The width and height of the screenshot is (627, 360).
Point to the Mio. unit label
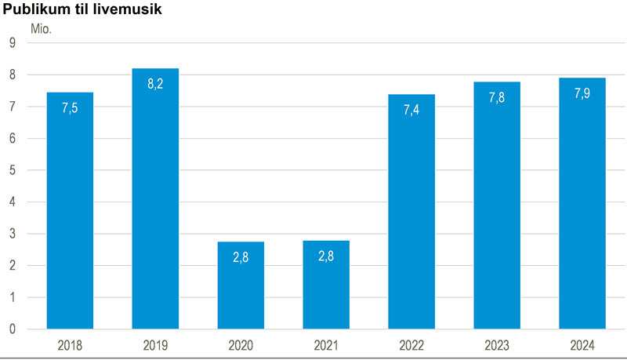tap(41, 29)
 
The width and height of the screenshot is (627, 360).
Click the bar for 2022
tap(411, 211)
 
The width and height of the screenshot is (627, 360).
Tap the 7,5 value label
tap(70, 108)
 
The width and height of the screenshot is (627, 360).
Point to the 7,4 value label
tap(411, 111)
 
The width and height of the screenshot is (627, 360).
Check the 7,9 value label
tap(582, 93)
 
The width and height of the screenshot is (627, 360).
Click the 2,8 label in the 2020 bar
tap(241, 257)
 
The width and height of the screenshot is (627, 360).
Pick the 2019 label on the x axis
tap(155, 345)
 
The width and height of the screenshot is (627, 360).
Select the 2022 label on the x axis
tap(411, 345)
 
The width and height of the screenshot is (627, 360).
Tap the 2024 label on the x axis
tap(582, 345)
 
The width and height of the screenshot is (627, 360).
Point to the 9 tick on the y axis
tap(13, 43)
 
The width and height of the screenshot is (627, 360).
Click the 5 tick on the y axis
tap(13, 170)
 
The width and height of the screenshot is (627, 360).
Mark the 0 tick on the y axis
tap(13, 329)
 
